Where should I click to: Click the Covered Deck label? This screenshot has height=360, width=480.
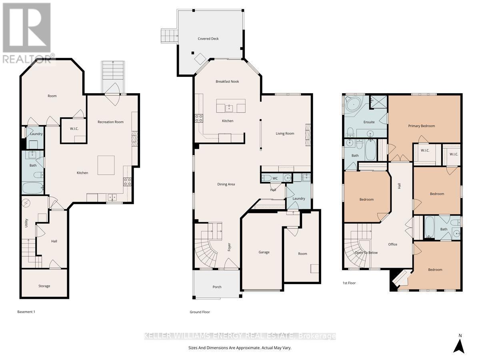coord(208,39)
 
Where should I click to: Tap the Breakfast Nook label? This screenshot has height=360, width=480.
coord(227,82)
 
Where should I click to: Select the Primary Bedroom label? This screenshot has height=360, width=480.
coord(421,126)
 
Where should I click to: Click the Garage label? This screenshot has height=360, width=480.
coord(264,252)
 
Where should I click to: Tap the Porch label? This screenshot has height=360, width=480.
coord(217,287)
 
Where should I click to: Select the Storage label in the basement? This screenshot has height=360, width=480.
coord(44,286)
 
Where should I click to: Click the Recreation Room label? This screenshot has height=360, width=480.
coord(110,122)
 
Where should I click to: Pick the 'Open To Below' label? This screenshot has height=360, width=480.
coord(366,253)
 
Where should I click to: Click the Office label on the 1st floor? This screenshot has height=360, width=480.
coord(392,244)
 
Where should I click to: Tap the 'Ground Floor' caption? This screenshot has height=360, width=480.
coord(200,312)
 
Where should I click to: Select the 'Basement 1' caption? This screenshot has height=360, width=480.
coord(26,312)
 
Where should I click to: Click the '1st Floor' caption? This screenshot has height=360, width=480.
coord(349,283)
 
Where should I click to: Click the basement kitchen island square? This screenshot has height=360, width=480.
coord(106,164)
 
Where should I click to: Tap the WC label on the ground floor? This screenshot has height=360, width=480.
coord(275,178)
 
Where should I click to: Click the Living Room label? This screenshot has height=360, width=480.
coord(285,134)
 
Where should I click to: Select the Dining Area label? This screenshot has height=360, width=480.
coord(226,184)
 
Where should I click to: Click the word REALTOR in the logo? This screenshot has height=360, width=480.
coord(26,59)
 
